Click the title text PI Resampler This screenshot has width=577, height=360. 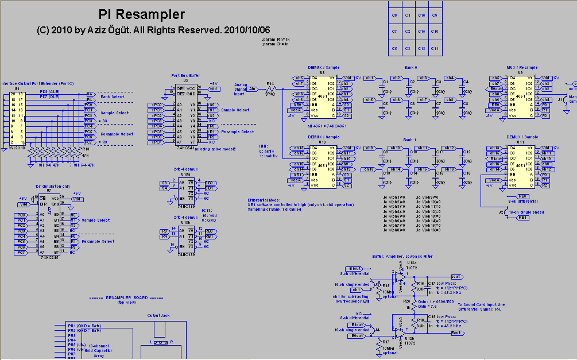(142, 15)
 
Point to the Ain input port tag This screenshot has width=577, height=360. (252, 88)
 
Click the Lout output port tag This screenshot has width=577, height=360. (456, 276)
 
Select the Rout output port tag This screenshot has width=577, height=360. (456, 332)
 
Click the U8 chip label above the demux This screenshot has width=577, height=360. (322, 73)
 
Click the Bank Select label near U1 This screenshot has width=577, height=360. (113, 97)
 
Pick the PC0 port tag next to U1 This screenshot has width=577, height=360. (88, 105)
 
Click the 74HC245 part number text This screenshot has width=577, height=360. (50, 259)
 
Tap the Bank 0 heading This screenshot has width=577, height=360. (410, 68)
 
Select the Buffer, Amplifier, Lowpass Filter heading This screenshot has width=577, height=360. (402, 257)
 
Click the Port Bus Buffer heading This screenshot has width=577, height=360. (186, 75)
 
